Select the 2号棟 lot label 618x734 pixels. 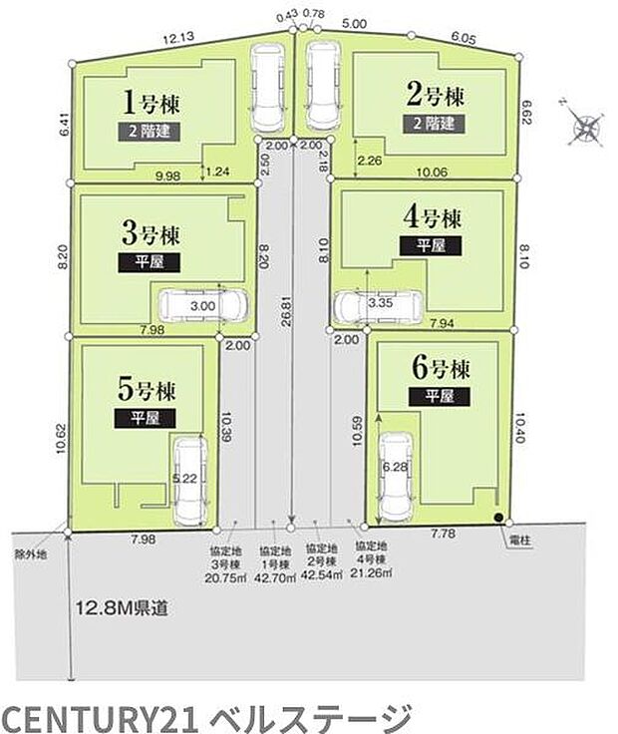435,97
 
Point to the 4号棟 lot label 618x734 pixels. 430,217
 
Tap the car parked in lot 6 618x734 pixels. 397,472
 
